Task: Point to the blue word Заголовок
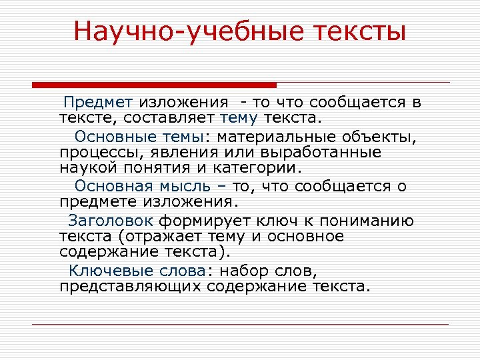pyautogui.click(x=111, y=221)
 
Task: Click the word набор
pyautogui.click(x=247, y=271)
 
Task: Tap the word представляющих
pyautogui.click(x=131, y=287)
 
